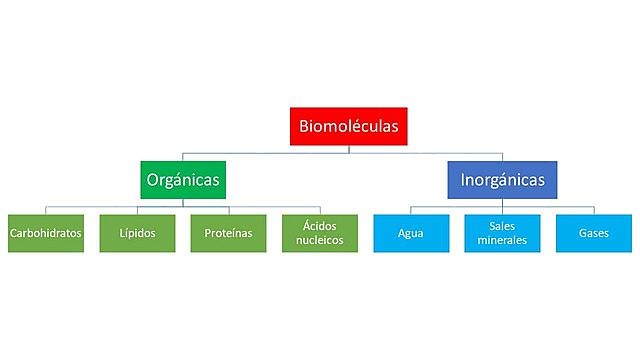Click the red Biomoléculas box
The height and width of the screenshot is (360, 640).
348,127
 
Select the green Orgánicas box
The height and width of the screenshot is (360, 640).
182,181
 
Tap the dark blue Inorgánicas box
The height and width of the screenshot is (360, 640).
502,181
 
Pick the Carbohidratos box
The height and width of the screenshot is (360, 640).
45,233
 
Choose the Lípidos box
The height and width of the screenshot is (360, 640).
136,233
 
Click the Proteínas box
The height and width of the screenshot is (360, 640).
228,233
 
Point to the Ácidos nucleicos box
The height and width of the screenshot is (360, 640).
320,233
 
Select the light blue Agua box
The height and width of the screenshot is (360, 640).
411,233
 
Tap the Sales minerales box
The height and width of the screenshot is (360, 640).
502,233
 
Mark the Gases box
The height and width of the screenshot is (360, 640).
594,233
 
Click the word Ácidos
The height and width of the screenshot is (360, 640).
320,226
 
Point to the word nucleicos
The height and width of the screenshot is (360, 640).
320,241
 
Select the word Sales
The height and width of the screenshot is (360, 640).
502,226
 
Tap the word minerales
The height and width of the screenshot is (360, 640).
502,241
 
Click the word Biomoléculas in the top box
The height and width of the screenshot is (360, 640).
348,127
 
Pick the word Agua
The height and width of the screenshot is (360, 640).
411,234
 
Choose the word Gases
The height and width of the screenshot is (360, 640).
594,234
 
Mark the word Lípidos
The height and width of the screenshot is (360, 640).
136,234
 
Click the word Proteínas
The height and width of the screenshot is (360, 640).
228,234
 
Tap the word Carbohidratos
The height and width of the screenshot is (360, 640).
45,234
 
